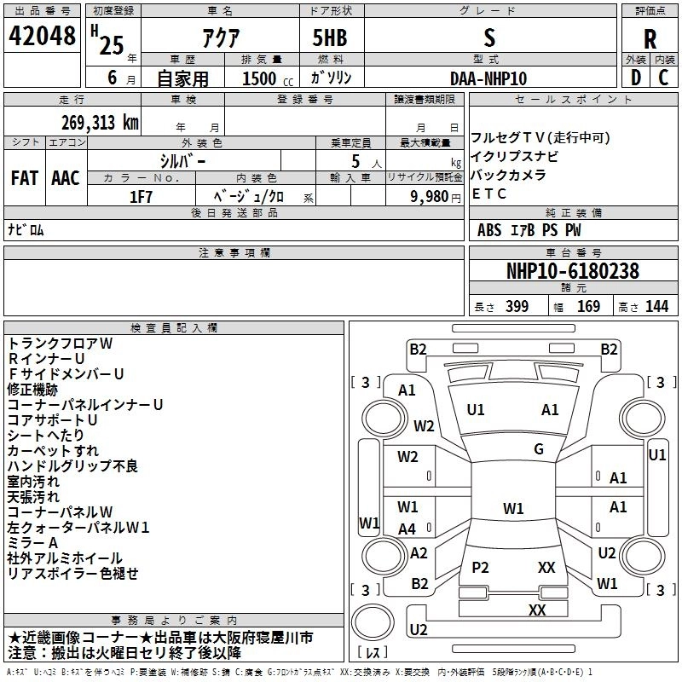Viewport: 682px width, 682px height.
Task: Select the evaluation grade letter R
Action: pos(650,39)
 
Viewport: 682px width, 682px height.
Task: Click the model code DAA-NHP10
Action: pos(488,78)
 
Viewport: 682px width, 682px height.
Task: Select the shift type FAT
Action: pos(25,177)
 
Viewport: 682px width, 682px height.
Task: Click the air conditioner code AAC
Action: pos(65,177)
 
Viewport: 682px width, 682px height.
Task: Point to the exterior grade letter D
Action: pos(635,78)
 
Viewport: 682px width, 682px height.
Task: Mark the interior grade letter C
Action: pos(664,78)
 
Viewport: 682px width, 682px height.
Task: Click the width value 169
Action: pos(588,306)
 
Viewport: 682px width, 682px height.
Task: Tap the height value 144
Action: pos(656,306)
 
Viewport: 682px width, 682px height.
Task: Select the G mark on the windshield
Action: pos(539,449)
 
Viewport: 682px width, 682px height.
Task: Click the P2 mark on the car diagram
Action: pos(481,567)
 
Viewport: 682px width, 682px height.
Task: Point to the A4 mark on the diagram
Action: pos(407,529)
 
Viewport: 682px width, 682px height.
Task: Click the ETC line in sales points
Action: pos(489,194)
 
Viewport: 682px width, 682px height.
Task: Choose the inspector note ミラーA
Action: pos(32,542)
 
